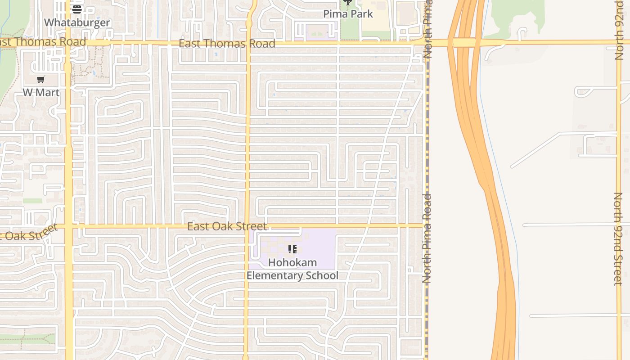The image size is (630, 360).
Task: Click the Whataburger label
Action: tap(77, 22)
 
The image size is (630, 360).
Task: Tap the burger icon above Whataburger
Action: tap(77, 9)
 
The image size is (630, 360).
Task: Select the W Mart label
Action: tap(41, 92)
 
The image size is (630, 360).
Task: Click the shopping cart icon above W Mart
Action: tap(41, 80)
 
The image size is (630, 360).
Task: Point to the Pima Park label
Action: tap(348, 14)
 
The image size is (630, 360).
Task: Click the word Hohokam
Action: tap(292, 262)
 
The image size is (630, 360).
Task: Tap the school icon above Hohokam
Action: tap(292, 249)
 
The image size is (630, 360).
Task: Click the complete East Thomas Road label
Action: tap(227, 44)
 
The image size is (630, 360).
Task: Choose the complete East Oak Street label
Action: tap(227, 226)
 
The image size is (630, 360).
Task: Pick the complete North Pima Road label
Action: tap(427, 238)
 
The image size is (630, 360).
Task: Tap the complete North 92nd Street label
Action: tap(618, 238)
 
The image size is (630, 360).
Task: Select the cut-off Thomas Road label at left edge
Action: tap(43, 42)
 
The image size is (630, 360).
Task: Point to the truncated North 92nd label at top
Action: tap(619, 30)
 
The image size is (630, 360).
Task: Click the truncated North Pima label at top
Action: tap(427, 29)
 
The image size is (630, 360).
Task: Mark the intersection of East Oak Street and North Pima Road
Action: tap(426, 225)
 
